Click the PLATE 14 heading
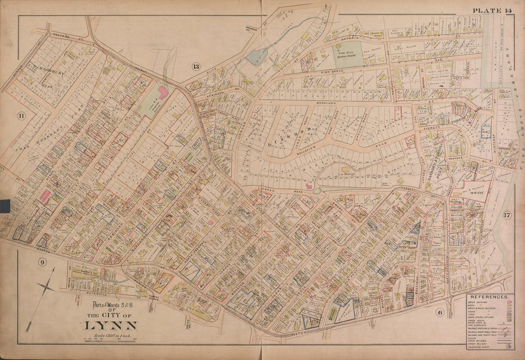tap(492, 10)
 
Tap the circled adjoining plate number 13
tap(196, 66)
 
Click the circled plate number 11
tap(21, 115)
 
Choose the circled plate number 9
tap(42, 261)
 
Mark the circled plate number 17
tap(507, 215)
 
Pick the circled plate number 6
tap(440, 312)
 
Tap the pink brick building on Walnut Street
tap(162, 92)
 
